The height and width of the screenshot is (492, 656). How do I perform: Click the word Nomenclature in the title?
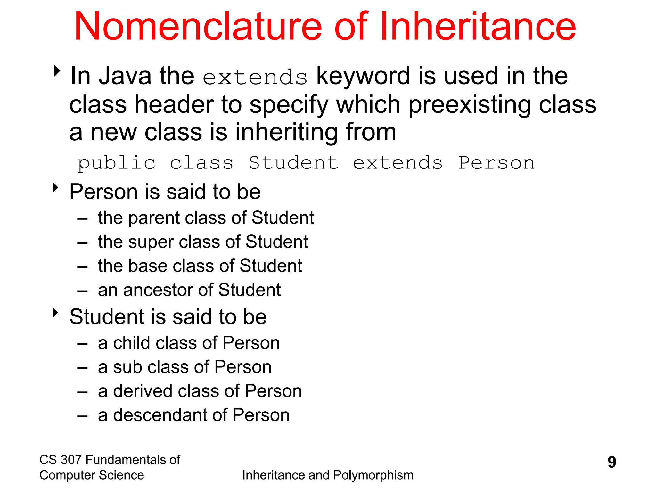198,26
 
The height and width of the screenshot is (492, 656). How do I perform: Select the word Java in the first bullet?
125,76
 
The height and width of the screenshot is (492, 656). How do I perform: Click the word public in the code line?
116,163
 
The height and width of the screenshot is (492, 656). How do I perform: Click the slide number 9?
611,462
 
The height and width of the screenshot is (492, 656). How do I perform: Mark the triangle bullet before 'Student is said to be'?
56,313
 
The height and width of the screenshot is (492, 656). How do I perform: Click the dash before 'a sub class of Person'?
82,368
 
